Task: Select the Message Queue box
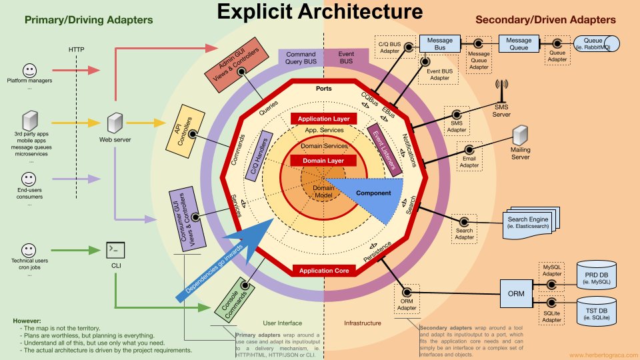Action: click(519, 44)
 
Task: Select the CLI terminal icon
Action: click(115, 249)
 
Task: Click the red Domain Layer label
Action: click(323, 161)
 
